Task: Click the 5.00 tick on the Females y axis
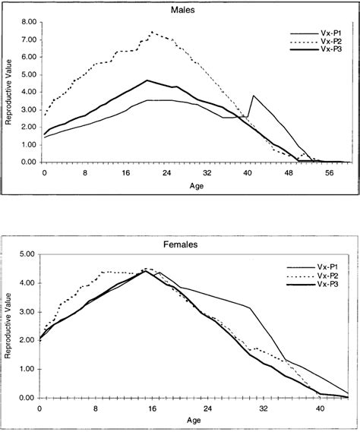(27, 255)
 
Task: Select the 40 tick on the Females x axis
(320, 408)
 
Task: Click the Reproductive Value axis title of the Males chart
(9, 92)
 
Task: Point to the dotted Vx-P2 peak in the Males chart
(153, 32)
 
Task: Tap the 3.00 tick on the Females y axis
(27, 312)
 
